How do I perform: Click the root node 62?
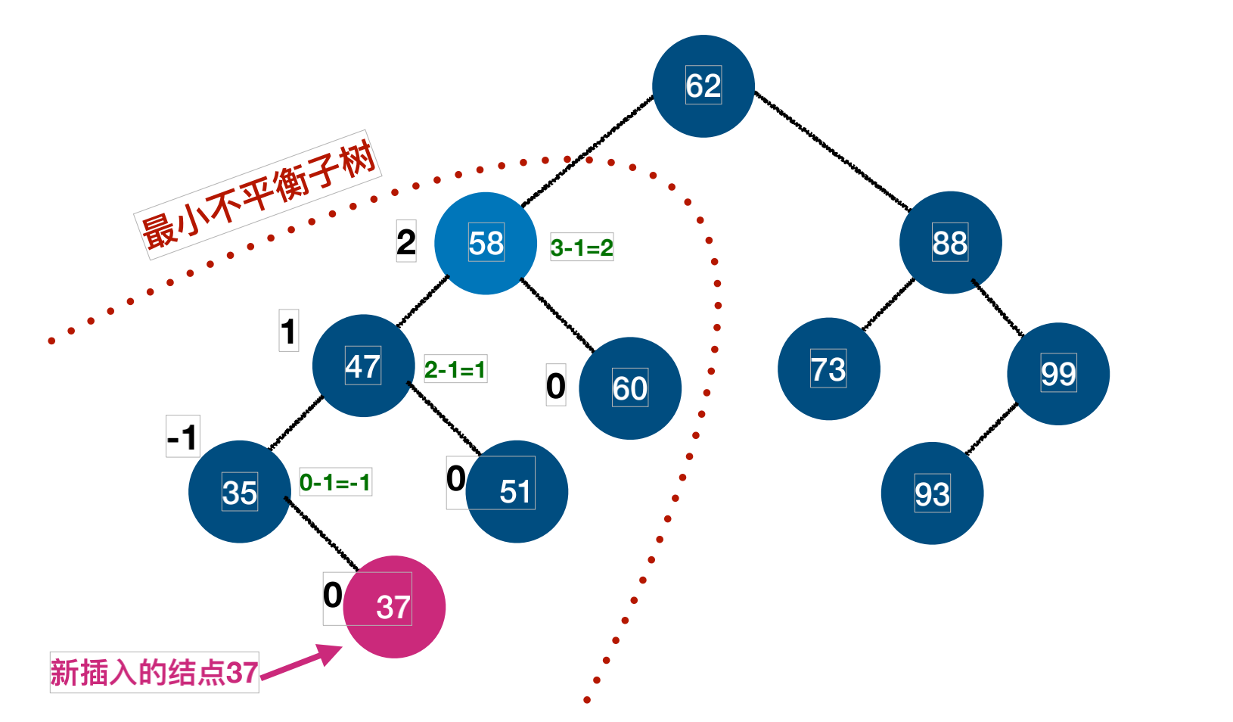[703, 86]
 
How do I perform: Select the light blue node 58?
[486, 244]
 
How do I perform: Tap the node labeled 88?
[950, 243]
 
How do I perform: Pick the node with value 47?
[363, 366]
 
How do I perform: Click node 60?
[629, 388]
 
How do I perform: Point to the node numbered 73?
[828, 369]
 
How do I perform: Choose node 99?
[1058, 374]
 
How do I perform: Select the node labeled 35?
[239, 492]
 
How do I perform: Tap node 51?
[517, 492]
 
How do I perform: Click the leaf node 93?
[932, 493]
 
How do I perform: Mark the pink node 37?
[394, 607]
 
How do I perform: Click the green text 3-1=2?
[582, 247]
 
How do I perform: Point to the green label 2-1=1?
[455, 369]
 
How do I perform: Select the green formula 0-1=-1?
[335, 482]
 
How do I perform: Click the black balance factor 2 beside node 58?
[406, 242]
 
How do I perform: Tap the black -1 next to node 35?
[182, 437]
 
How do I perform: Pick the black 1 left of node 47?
[288, 331]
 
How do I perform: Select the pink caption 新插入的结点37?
[154, 672]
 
